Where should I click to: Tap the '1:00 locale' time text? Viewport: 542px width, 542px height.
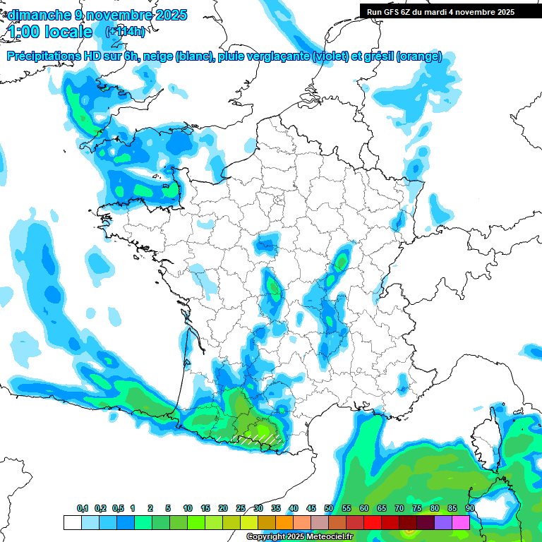51,32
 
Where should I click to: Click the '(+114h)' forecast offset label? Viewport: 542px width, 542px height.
125,32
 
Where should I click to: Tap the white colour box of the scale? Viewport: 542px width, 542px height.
72,522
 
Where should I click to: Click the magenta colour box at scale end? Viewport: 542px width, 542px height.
461,522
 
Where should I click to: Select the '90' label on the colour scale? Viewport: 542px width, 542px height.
469,509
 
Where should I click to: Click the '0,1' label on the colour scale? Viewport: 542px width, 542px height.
83,509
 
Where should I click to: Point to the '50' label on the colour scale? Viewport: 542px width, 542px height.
329,509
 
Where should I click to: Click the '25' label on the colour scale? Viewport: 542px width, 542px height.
241,509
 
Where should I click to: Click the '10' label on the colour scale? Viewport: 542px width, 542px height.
188,509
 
